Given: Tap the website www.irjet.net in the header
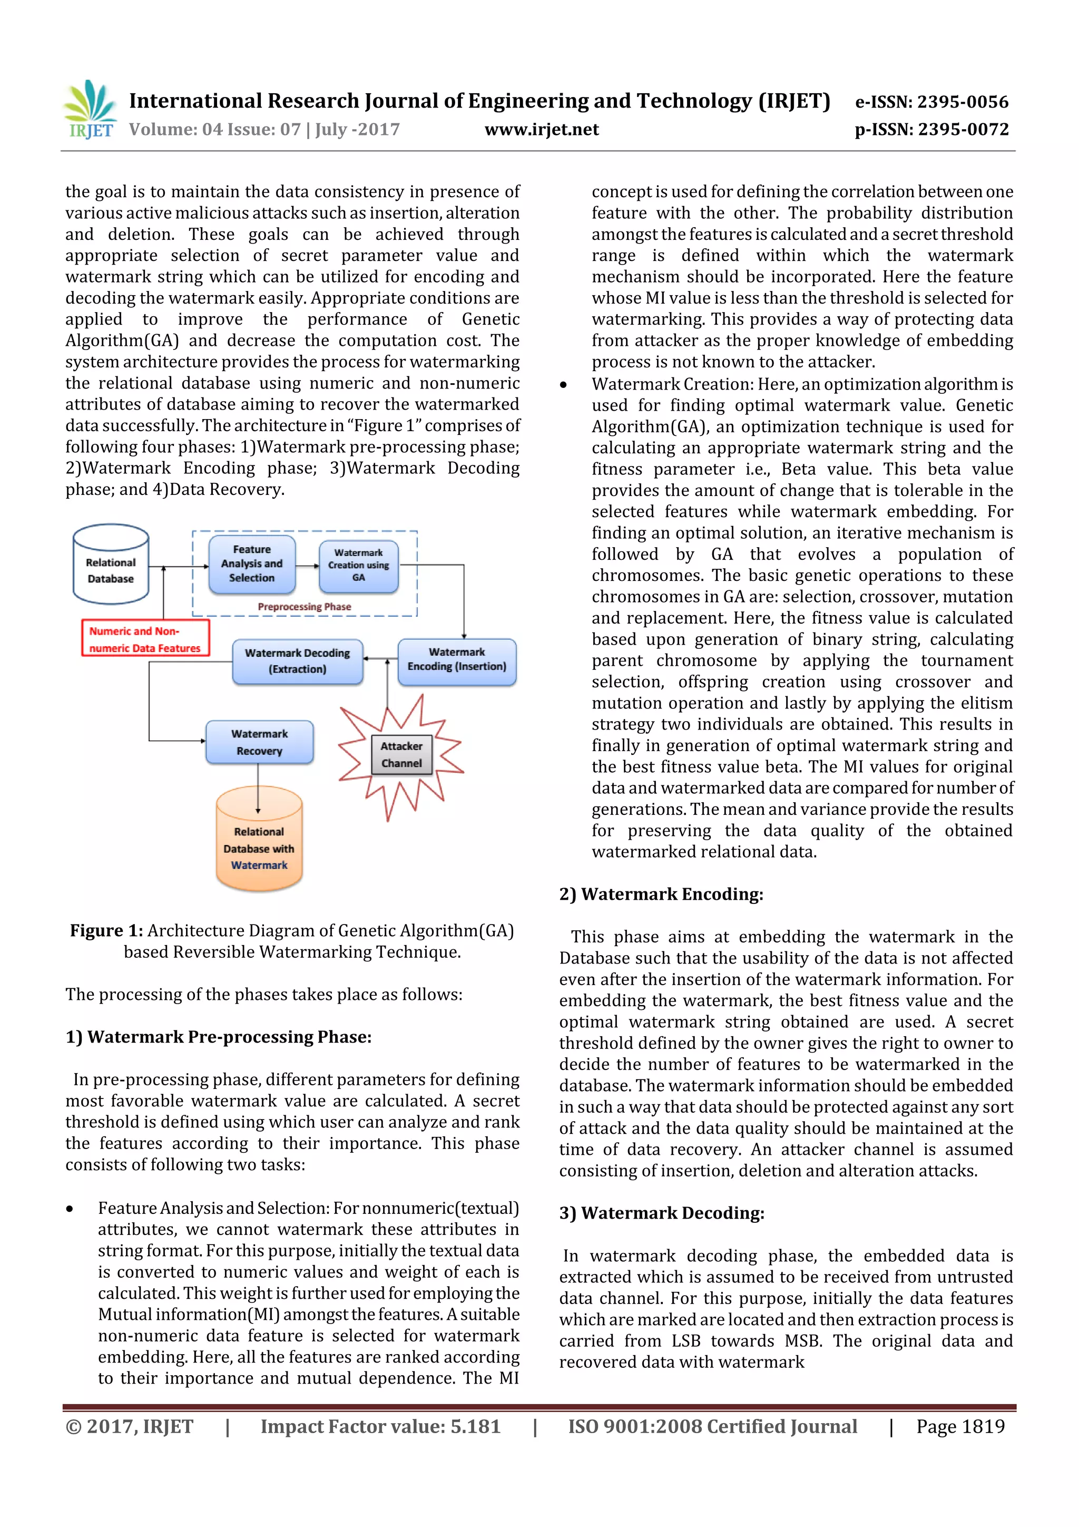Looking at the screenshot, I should click(x=541, y=129).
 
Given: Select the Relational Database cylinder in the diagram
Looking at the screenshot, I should click(x=110, y=565).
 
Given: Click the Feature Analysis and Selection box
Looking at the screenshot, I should click(x=252, y=564).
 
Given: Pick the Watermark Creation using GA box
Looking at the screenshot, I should click(x=358, y=565).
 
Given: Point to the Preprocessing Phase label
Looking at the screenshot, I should click(x=304, y=607).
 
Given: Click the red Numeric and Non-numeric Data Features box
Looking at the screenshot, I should click(x=145, y=639).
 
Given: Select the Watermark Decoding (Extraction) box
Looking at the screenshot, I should click(x=297, y=661).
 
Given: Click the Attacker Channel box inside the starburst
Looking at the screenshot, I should click(x=401, y=755).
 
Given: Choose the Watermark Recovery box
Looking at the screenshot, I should click(x=259, y=742).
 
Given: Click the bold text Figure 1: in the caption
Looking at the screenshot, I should click(x=106, y=930).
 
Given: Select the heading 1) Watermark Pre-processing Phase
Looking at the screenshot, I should click(x=218, y=1037).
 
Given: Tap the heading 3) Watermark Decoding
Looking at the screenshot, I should click(x=662, y=1213).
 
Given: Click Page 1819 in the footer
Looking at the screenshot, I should click(x=960, y=1426).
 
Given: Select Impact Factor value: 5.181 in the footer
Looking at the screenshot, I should click(x=380, y=1426).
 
